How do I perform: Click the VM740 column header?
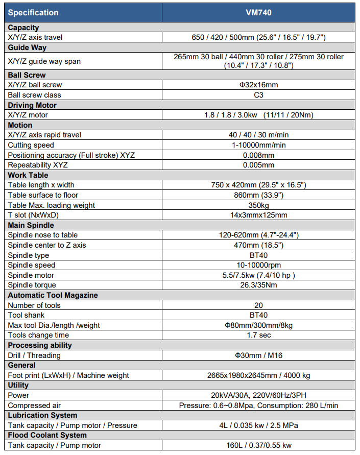258,12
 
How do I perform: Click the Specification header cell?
33,12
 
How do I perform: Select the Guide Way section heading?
27,47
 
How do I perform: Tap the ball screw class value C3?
258,95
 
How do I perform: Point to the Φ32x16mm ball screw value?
258,85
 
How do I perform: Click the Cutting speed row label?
31,145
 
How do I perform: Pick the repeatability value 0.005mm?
258,165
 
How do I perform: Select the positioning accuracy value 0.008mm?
258,155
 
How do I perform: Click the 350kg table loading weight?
258,205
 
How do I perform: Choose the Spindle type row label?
29,255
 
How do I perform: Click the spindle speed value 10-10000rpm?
258,265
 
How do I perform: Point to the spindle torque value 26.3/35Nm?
258,285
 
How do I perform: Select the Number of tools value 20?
258,305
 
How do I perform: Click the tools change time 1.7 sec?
258,335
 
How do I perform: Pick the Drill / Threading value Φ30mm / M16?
258,355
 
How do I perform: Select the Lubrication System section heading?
42,415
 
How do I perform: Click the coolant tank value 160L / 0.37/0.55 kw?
258,445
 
